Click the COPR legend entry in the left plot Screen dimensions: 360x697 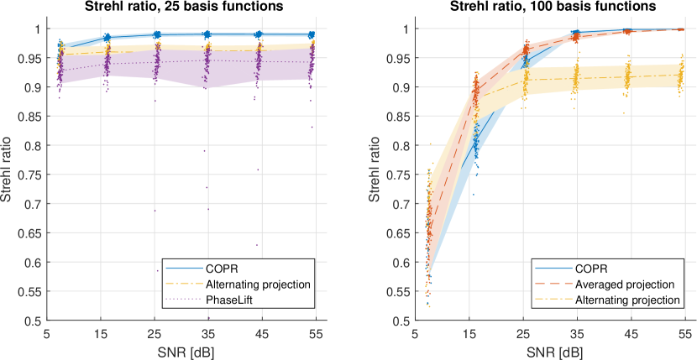[223, 269]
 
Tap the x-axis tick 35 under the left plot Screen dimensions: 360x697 [207, 333]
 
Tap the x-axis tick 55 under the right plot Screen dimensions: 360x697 [684, 333]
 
